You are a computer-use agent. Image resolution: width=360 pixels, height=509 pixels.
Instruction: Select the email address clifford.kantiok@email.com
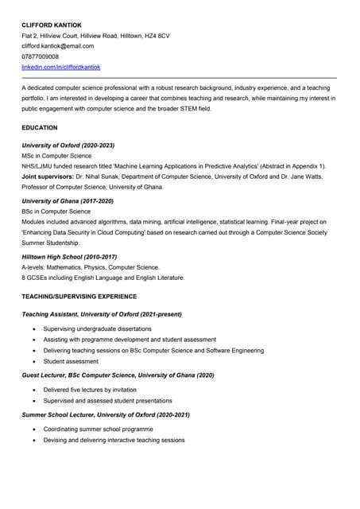pyautogui.click(x=57, y=46)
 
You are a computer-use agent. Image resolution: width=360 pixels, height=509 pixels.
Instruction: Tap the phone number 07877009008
pyautogui.click(x=40, y=56)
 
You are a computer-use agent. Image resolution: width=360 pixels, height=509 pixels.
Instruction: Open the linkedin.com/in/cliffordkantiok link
pyautogui.click(x=60, y=68)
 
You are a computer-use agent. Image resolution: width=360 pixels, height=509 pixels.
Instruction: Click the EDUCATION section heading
pyautogui.click(x=40, y=127)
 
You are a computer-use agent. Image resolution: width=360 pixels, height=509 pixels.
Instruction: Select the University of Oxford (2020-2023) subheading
pyautogui.click(x=68, y=146)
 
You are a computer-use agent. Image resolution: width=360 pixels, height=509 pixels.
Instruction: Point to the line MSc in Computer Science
pyautogui.click(x=56, y=156)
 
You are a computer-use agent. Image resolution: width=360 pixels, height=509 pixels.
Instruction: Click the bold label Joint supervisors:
pyautogui.click(x=48, y=177)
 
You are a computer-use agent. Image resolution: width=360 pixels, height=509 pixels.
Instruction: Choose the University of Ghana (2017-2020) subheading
pyautogui.click(x=68, y=201)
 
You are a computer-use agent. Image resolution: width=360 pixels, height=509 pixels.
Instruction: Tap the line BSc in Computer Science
pyautogui.click(x=56, y=212)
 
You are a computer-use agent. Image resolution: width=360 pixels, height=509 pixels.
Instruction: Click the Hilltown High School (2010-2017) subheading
pyautogui.click(x=70, y=257)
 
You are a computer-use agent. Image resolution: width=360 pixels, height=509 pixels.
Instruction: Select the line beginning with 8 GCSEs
pyautogui.click(x=103, y=278)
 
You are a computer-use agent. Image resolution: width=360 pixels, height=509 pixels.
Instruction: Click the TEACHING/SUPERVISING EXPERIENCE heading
pyautogui.click(x=79, y=297)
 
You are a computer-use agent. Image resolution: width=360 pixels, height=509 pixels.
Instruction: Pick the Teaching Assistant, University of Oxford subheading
pyautogui.click(x=101, y=315)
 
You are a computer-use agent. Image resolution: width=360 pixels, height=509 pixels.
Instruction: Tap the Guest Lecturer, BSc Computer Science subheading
pyautogui.click(x=118, y=375)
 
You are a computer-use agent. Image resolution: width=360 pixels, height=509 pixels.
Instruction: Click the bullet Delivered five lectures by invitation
pyautogui.click(x=90, y=390)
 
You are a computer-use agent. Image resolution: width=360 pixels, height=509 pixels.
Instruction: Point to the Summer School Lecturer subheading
pyautogui.click(x=106, y=414)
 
